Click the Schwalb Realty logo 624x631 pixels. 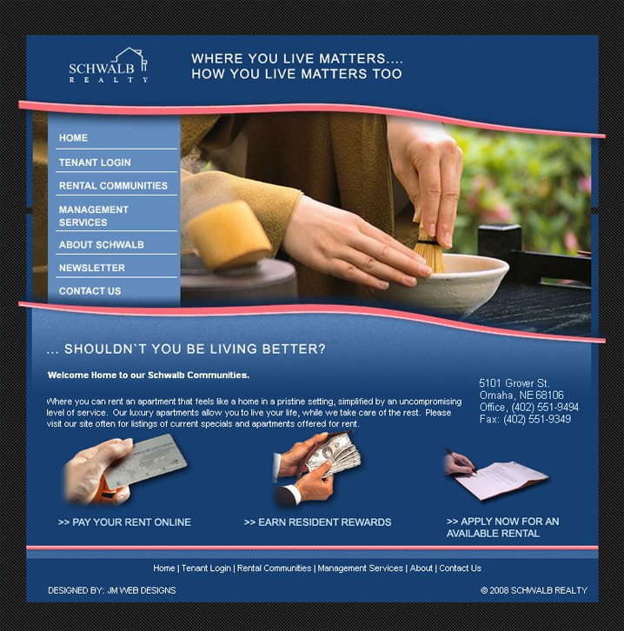[x=109, y=65]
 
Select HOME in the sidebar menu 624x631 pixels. [x=73, y=138]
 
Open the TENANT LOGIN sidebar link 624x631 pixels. [x=95, y=163]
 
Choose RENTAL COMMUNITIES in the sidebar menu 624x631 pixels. [x=113, y=185]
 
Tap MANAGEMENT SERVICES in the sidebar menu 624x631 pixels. [x=94, y=216]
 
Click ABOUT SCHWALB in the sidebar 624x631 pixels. [x=102, y=245]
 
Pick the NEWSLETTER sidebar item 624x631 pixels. [x=92, y=268]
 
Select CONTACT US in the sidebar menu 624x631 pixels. [x=90, y=291]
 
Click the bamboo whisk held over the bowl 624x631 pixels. [x=429, y=251]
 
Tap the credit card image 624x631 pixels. [x=145, y=462]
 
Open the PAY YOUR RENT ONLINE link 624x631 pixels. [x=124, y=522]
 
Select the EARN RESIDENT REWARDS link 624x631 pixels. [x=317, y=522]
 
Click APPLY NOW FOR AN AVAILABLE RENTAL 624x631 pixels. [x=502, y=528]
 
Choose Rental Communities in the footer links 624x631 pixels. [x=274, y=568]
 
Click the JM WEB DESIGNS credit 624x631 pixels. [x=142, y=590]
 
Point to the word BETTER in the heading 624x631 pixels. [x=294, y=349]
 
